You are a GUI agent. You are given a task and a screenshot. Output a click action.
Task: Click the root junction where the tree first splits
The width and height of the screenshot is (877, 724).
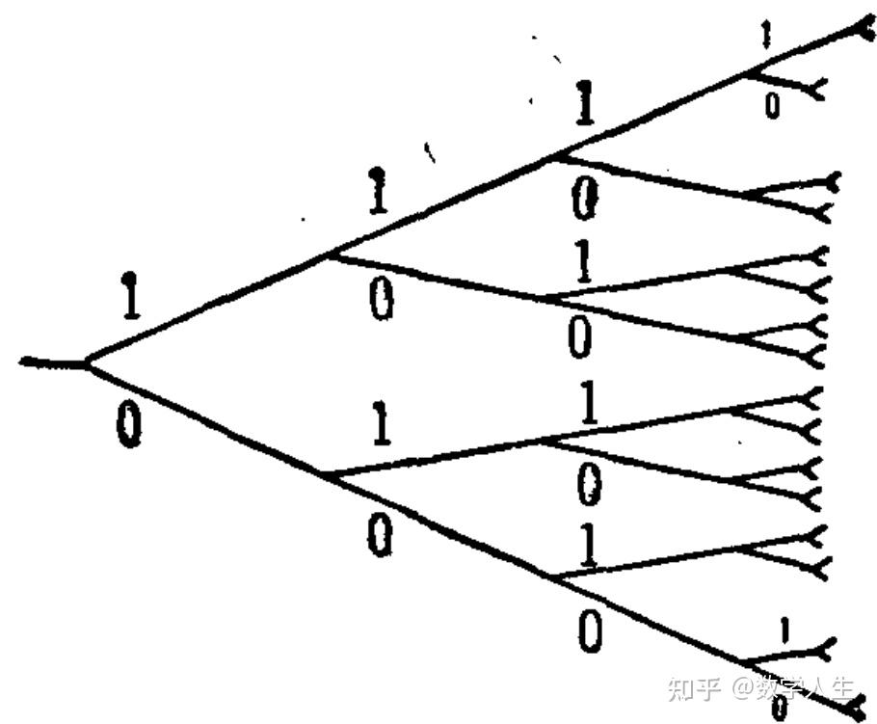coord(88,363)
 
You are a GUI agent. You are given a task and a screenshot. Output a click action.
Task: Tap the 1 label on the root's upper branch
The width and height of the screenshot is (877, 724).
coord(130,296)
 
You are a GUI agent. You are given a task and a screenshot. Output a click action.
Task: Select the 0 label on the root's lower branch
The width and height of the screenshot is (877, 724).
coord(130,425)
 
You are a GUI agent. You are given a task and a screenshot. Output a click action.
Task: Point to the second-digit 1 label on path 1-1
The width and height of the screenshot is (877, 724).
coord(378,191)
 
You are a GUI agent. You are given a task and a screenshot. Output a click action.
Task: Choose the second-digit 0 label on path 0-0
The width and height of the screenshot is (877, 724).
coord(381,535)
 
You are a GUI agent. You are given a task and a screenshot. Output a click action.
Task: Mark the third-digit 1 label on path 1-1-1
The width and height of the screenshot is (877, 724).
coord(584,102)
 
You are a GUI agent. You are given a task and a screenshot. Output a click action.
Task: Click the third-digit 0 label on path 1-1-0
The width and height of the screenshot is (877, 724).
coord(585,201)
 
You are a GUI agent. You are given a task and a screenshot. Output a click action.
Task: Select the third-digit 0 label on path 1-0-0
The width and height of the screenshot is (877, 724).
coord(579,336)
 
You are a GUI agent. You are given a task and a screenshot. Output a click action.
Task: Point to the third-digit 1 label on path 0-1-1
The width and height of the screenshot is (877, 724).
coord(589,402)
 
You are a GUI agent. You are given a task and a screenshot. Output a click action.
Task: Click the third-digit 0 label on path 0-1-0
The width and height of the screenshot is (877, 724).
coord(590,485)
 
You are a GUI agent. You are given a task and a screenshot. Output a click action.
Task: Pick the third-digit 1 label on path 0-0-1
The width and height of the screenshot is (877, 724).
coord(589,545)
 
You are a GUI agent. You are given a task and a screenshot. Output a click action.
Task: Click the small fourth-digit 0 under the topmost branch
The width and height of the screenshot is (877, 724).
coord(772,105)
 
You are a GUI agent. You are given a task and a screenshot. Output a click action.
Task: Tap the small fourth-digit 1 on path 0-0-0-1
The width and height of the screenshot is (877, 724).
coord(784,630)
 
